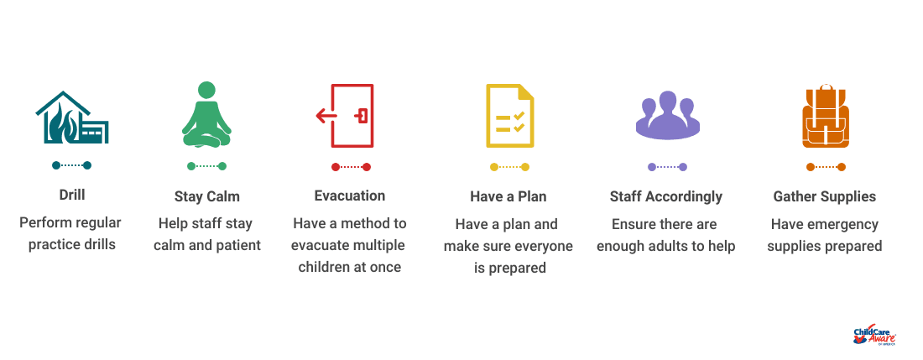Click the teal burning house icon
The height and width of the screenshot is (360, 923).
coord(72,117)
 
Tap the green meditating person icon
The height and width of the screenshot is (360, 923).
coord(206,114)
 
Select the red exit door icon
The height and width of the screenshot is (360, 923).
coord(345,115)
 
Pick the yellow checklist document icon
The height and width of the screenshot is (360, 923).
coord(510,115)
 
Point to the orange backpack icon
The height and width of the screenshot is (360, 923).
coord(826,116)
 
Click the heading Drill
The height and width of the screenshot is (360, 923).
coord(72,195)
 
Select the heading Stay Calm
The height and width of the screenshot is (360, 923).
coord(207,196)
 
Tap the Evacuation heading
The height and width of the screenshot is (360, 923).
coord(350,196)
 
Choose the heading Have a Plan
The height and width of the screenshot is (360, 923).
coord(508,196)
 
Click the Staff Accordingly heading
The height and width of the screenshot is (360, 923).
coord(665,196)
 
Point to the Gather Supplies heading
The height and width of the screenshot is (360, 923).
coord(824,196)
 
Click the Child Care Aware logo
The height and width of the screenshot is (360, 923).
coord(874,336)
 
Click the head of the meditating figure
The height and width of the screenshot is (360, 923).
coord(206,90)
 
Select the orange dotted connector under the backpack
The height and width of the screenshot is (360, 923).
coord(826,167)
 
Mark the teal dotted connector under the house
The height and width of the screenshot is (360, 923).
coord(72,165)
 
